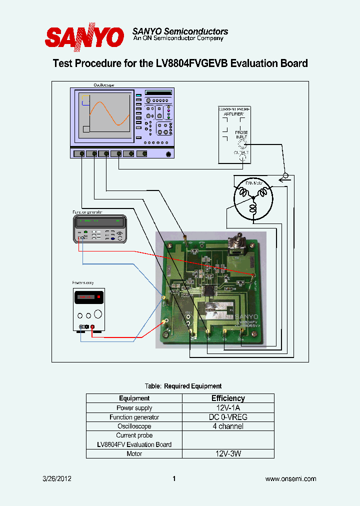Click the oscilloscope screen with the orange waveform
coord(105,115)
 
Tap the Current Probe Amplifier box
coord(234,134)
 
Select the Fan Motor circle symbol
coord(253,198)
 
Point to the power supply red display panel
coord(88,298)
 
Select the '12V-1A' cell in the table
coord(228,408)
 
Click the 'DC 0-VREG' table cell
coord(228,417)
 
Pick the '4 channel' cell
coord(228,426)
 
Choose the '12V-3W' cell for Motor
coord(228,453)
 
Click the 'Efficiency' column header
coord(228,398)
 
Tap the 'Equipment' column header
coord(134,398)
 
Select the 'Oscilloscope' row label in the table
coord(134,426)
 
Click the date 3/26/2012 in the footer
coord(57,479)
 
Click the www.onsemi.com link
coord(290,479)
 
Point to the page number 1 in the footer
coord(174,479)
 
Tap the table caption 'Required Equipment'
coord(192,386)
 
